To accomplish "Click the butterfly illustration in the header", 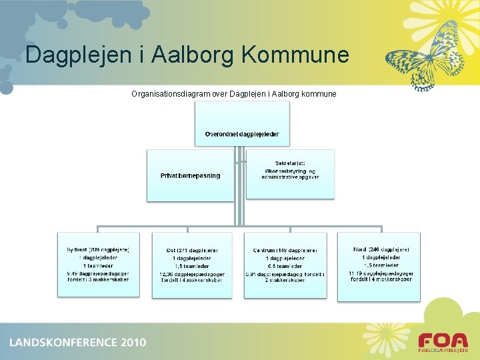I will (427, 56).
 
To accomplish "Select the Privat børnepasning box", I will (190, 175).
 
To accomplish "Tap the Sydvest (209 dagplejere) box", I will (99, 264).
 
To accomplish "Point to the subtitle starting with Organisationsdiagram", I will (234, 94).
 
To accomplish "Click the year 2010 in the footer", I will (133, 343).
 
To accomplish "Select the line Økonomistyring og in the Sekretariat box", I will (290, 171).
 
